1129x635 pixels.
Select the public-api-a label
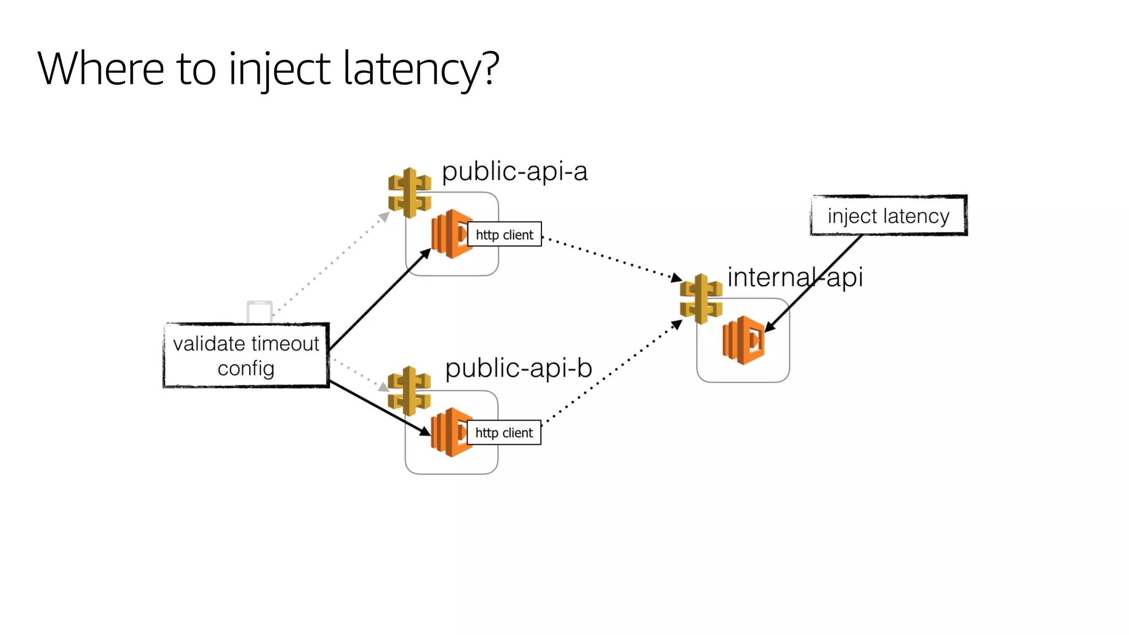click(514, 171)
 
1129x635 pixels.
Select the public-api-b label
click(518, 368)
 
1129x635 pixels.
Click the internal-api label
click(794, 277)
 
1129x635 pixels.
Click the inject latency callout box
click(888, 216)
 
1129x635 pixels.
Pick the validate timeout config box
click(246, 356)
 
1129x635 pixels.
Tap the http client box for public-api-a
click(504, 234)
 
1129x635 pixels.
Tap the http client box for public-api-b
click(504, 433)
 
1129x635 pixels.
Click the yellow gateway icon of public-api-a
click(409, 193)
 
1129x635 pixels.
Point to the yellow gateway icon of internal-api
click(701, 299)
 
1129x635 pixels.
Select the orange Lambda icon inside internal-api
click(743, 340)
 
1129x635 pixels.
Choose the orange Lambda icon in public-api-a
click(449, 234)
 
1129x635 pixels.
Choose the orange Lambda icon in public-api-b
click(449, 432)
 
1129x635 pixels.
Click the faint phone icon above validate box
click(259, 311)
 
